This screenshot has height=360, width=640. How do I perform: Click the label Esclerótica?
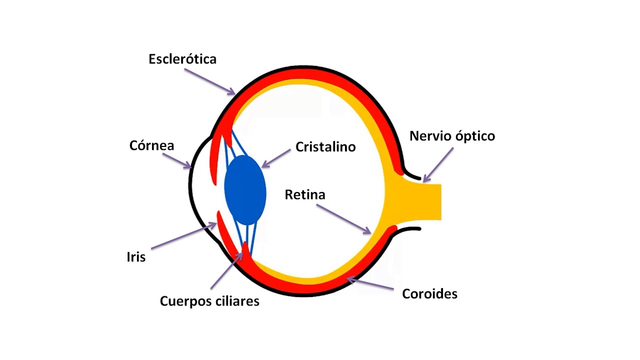[182, 59]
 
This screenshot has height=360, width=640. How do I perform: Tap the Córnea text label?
[151, 145]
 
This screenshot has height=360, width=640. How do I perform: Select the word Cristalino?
[325, 147]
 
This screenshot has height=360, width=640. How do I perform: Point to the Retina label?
[305, 194]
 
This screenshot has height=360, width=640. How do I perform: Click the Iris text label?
[136, 257]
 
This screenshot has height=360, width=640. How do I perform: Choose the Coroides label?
[429, 293]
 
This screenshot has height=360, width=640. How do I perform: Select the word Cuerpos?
[186, 301]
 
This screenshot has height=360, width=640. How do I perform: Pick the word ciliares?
[237, 301]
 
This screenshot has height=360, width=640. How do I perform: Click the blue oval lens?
[245, 189]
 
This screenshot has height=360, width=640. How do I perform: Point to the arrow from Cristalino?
[276, 157]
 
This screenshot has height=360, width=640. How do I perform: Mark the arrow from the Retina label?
[343, 219]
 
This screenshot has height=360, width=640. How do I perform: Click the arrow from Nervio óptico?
[438, 165]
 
